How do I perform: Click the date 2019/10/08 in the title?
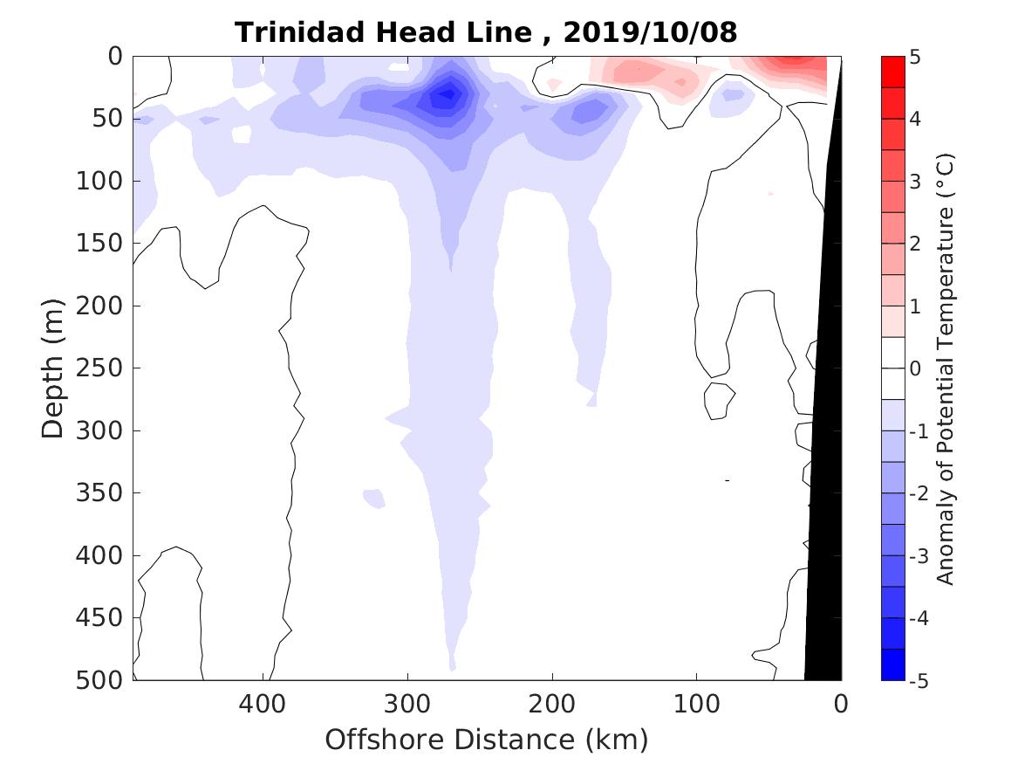click(650, 33)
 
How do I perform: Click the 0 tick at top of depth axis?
click(114, 57)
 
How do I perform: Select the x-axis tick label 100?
click(696, 702)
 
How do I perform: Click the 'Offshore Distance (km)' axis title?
click(487, 740)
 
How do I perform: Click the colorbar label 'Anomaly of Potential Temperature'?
click(946, 369)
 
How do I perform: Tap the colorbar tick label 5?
click(915, 58)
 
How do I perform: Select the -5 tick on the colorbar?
click(919, 681)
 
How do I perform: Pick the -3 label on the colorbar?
click(919, 556)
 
